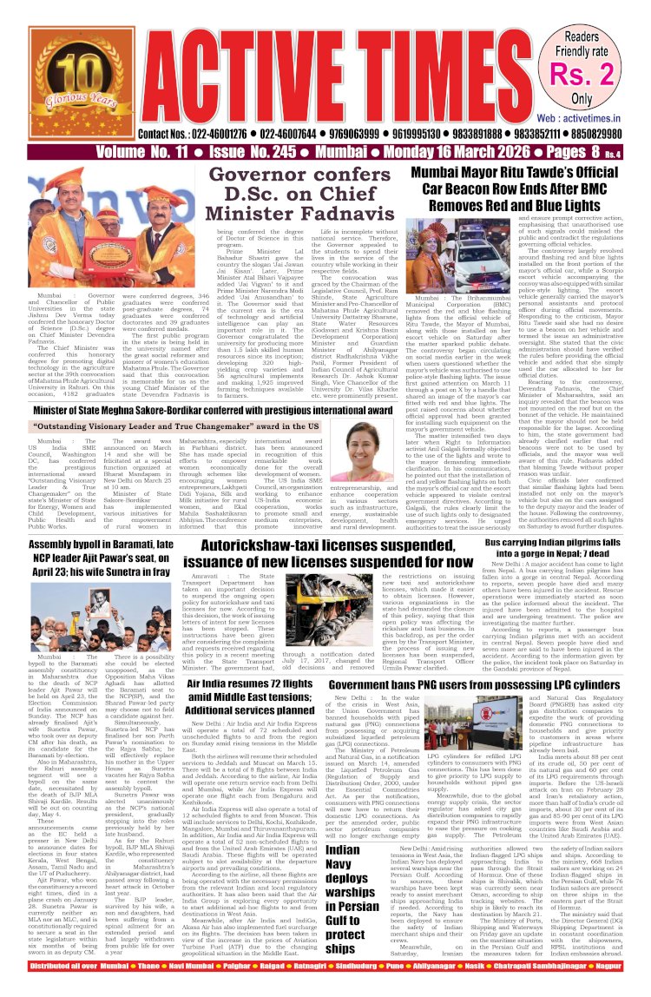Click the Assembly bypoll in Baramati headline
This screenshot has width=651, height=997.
point(100,545)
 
